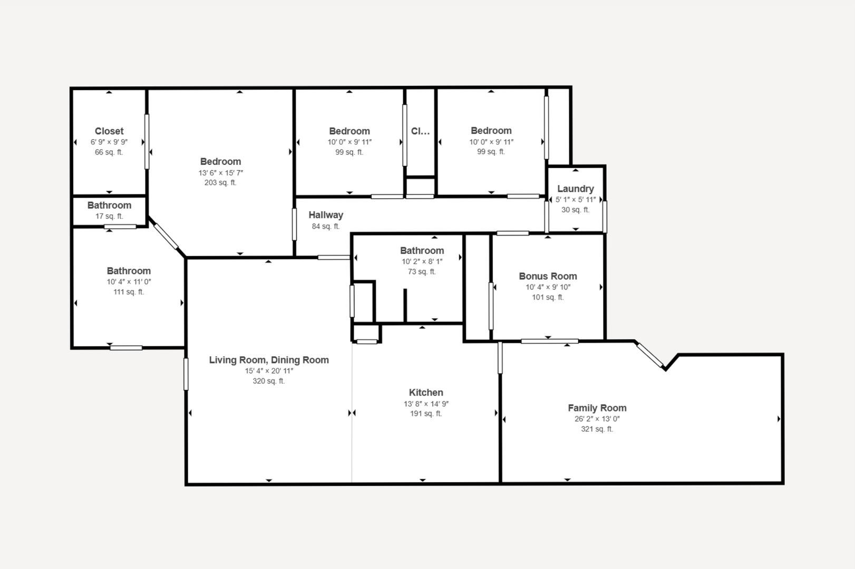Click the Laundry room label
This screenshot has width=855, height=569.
575,189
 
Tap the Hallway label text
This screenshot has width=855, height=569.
326,215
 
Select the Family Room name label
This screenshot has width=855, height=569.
597,408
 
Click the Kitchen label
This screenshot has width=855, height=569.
426,393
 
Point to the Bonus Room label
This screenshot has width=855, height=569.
548,276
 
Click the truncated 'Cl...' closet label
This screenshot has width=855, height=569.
420,131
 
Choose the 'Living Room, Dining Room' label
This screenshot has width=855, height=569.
269,360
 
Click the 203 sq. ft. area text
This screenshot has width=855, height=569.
220,183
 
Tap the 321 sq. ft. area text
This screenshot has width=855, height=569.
597,429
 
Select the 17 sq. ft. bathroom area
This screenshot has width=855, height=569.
109,217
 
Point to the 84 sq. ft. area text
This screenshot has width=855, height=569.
326,227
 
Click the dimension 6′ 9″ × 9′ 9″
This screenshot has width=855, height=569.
109,142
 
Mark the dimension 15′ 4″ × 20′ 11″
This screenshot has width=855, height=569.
269,371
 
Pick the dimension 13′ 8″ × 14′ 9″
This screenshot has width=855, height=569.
426,404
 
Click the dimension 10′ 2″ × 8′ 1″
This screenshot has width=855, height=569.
422,262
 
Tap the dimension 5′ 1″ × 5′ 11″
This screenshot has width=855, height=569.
575,200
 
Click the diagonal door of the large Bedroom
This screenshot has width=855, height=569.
166,236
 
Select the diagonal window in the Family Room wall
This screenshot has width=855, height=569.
650,355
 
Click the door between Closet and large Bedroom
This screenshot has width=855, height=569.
147,142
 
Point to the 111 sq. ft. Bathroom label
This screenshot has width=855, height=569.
129,271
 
